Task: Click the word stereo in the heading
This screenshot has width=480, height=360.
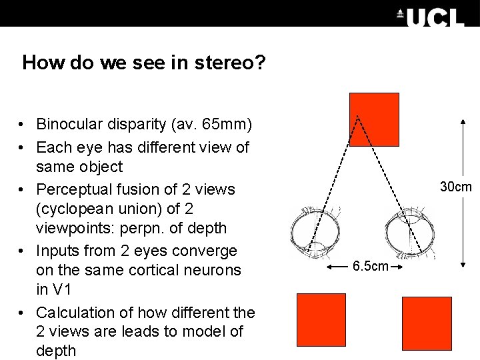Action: [233, 63]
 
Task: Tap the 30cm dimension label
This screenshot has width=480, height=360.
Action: [456, 187]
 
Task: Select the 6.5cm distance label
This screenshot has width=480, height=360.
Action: [371, 267]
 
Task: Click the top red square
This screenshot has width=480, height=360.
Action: [374, 119]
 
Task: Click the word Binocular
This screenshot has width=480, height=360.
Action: [69, 124]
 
